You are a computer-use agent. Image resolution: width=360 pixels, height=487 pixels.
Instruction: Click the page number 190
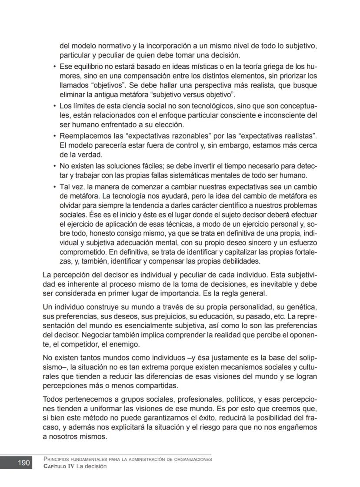(23, 463)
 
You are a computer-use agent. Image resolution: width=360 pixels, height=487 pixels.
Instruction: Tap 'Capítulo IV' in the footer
(57, 467)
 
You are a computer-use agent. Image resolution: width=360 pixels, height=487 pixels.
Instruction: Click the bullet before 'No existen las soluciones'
(54, 166)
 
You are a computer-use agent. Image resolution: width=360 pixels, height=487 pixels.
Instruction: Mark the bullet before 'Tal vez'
(54, 187)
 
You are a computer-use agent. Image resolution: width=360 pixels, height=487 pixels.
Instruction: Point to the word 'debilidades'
(240, 262)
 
